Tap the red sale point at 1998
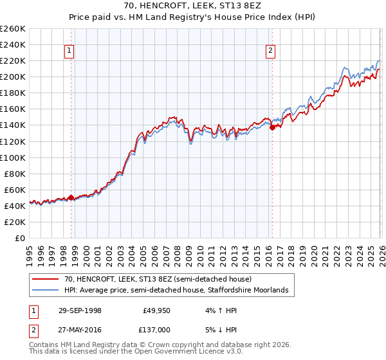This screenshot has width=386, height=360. pos(71,197)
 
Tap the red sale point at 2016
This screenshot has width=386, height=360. pos(272,127)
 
